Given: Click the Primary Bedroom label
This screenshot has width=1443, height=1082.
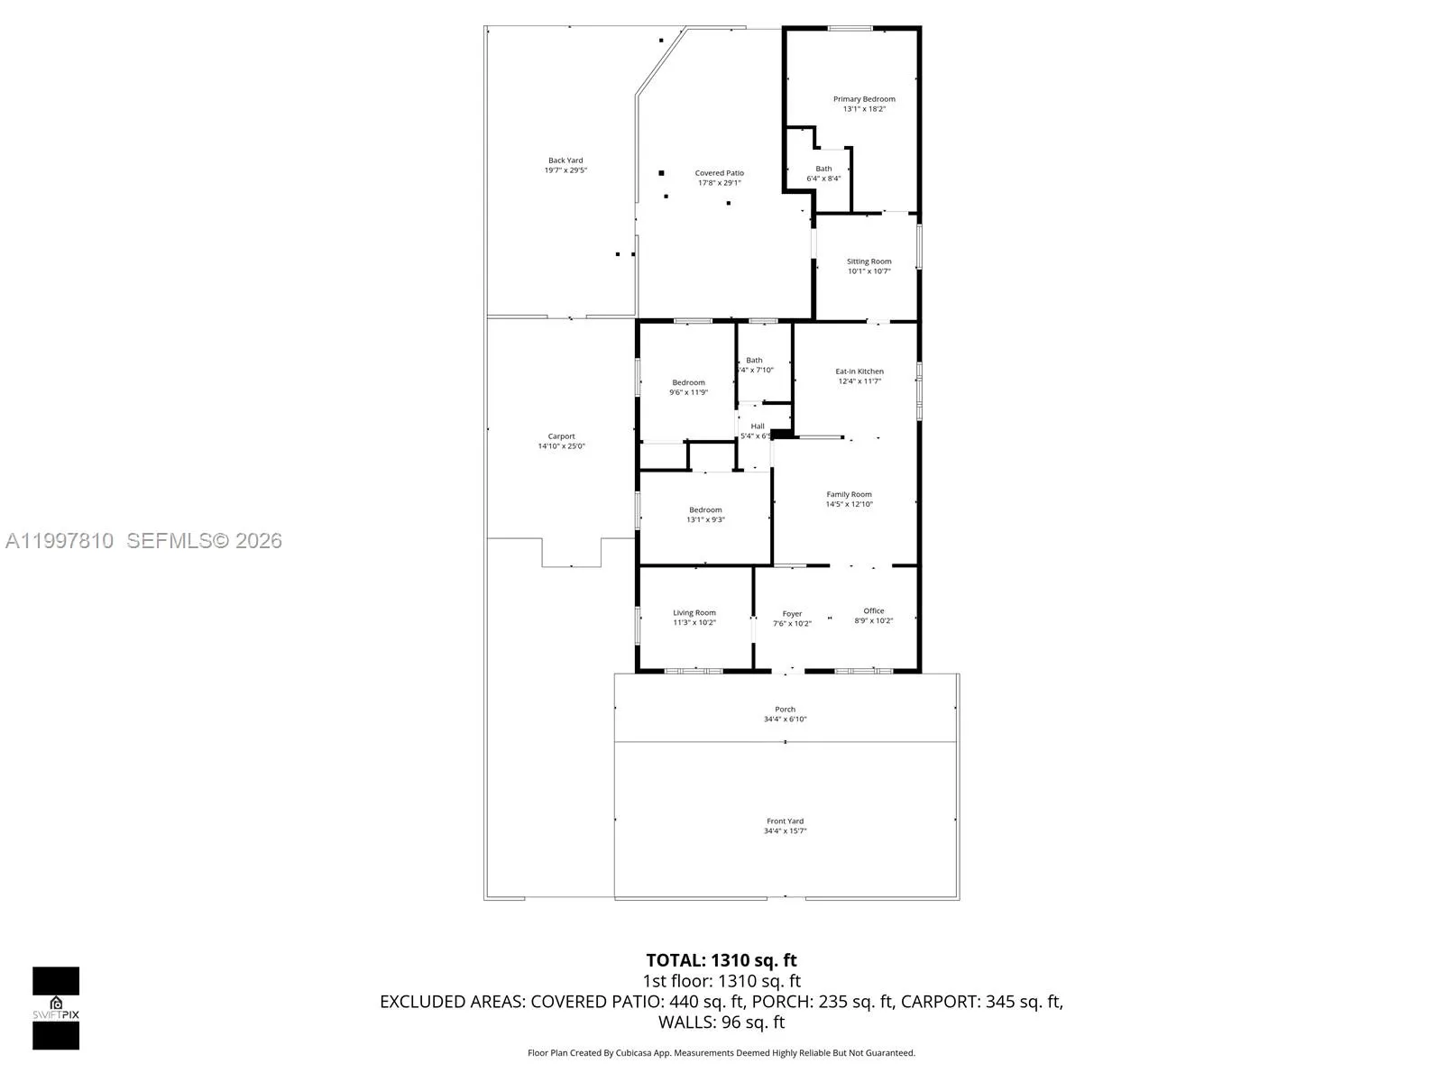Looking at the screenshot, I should point(864,99).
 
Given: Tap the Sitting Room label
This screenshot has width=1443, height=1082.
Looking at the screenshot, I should point(869,261).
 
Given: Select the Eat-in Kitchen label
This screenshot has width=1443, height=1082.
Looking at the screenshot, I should point(859,371).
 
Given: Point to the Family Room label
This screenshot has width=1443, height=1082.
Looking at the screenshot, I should point(849,494).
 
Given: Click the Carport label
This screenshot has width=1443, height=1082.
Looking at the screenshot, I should point(561,436).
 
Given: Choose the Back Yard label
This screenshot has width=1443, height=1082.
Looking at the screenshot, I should point(565,160).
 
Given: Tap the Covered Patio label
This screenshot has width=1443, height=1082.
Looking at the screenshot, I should point(719,173).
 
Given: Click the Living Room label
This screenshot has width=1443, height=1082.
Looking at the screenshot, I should point(694,613).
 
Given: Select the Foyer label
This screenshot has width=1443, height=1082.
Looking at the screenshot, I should point(792,614).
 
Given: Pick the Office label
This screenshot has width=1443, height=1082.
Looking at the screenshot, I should point(873,611).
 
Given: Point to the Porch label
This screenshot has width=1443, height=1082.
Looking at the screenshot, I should point(785,710).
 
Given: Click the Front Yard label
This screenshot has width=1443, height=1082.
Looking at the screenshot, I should point(785,821).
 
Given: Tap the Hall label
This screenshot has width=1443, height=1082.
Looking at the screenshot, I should point(758,426).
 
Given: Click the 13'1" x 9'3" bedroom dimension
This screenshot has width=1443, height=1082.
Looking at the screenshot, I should point(705,520).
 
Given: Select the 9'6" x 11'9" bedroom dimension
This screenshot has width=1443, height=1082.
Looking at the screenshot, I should point(688,393).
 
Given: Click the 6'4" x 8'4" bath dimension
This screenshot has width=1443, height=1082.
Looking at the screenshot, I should point(823,179).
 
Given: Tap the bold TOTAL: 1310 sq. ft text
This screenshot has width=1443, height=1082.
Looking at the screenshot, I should point(721,960).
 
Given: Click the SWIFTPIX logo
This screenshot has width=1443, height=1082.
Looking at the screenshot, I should point(56,1008).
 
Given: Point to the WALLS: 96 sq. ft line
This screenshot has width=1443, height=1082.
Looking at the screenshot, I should point(721,1022).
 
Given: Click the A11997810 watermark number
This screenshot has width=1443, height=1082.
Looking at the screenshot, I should point(60,541).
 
